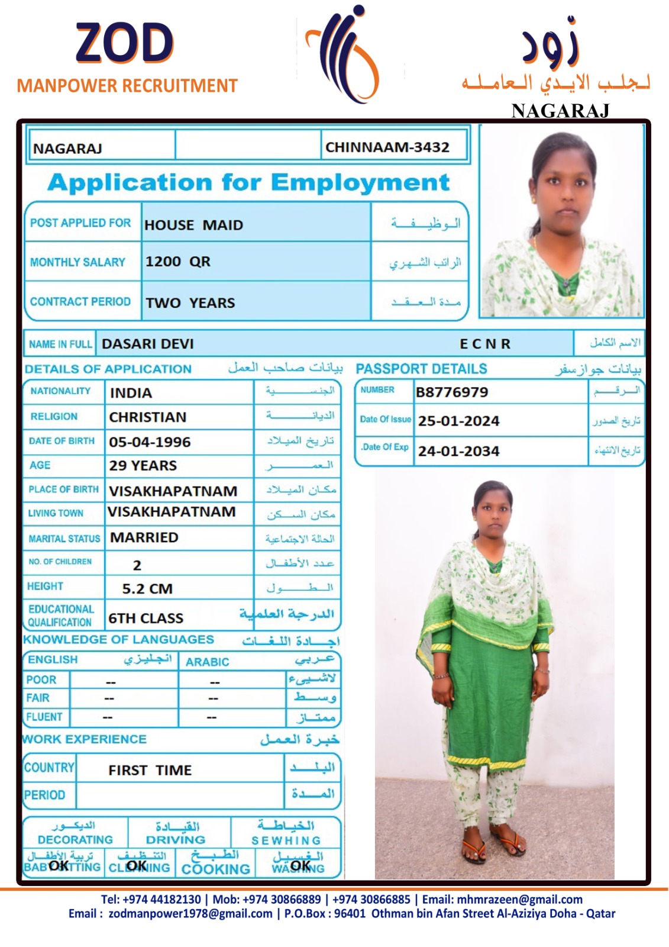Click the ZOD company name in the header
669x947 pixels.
point(124,44)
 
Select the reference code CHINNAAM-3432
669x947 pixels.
point(387,147)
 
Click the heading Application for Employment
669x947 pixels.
point(248,182)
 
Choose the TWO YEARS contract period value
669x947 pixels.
point(190,303)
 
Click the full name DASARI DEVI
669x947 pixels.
point(147,344)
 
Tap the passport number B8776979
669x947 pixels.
point(452,392)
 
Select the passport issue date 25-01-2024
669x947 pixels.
point(458,421)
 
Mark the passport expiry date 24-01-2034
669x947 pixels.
point(458,452)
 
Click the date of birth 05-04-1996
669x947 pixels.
point(150,442)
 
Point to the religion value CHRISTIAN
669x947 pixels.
point(147,417)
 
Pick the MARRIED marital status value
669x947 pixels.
point(144,537)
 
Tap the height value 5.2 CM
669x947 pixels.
point(147,589)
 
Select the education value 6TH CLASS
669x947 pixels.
point(146,619)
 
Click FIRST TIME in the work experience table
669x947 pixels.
point(150,771)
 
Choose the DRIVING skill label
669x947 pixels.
point(176,840)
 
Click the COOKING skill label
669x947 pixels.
point(215,869)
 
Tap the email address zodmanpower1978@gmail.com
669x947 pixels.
point(190,914)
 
